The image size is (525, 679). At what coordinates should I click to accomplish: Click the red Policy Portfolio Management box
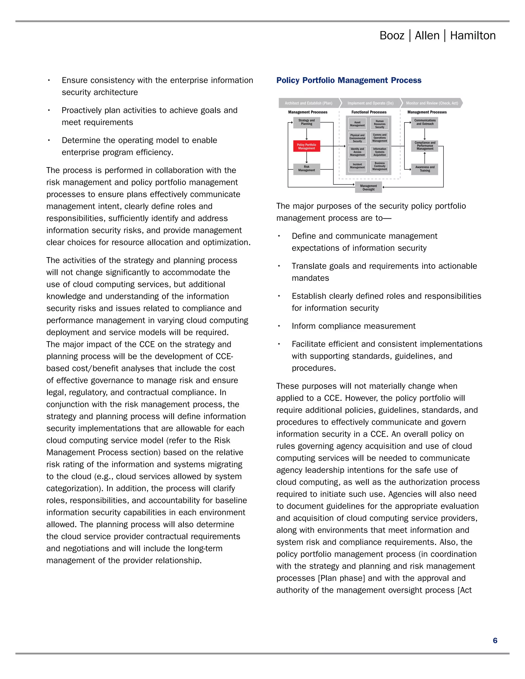pyautogui.click(x=306, y=146)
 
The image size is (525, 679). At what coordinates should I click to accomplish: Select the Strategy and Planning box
pyautogui.click(x=306, y=122)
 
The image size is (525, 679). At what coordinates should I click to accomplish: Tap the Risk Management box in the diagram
pyautogui.click(x=306, y=169)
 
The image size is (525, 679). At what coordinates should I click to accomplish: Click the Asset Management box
pyautogui.click(x=357, y=124)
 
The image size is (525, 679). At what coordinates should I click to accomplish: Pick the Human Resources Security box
pyautogui.click(x=379, y=124)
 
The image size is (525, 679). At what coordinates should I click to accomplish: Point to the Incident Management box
pyautogui.click(x=357, y=166)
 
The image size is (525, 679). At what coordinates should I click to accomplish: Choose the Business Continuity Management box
pyautogui.click(x=379, y=166)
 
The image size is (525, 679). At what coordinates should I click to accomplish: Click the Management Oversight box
pyautogui.click(x=368, y=188)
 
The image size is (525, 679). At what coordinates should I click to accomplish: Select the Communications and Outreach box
pyautogui.click(x=425, y=122)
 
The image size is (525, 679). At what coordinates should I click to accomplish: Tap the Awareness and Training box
pyautogui.click(x=425, y=169)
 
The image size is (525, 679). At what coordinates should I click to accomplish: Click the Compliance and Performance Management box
pyautogui.click(x=425, y=146)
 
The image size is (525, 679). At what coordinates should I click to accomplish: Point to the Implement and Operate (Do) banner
pyautogui.click(x=370, y=103)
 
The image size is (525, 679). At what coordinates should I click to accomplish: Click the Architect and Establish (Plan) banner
pyautogui.click(x=308, y=103)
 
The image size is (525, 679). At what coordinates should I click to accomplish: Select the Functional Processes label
pyautogui.click(x=369, y=112)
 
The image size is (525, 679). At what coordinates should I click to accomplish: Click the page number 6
pyautogui.click(x=495, y=641)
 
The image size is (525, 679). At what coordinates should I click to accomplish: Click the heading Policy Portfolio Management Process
pyautogui.click(x=349, y=80)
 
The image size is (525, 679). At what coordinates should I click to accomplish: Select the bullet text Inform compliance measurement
pyautogui.click(x=353, y=326)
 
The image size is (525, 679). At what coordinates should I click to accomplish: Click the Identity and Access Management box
pyautogui.click(x=357, y=152)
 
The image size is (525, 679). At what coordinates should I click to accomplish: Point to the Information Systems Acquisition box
pyautogui.click(x=379, y=152)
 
